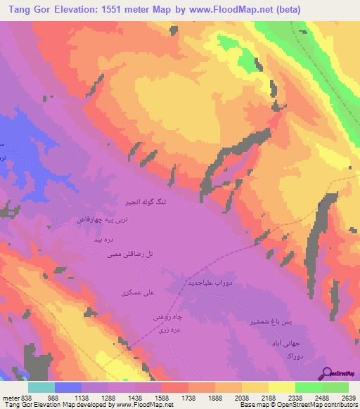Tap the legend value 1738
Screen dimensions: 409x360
(x=188, y=396)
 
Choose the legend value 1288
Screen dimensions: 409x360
(x=108, y=396)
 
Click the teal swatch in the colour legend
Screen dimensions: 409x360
(x=41, y=387)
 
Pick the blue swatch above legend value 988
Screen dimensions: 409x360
(x=68, y=387)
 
